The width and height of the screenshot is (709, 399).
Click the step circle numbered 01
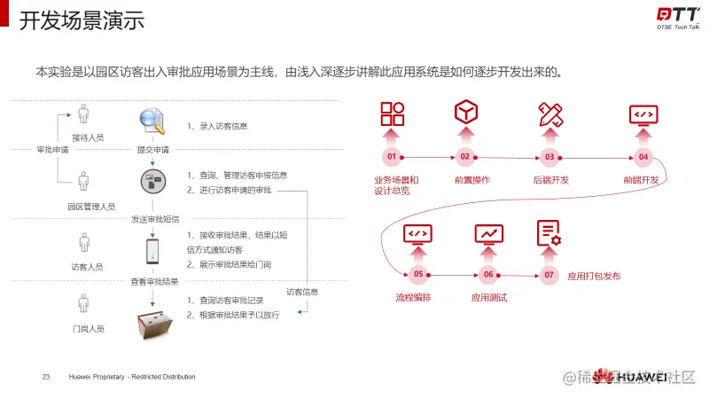(391, 158)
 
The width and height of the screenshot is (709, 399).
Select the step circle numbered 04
(643, 158)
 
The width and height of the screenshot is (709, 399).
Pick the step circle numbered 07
(549, 275)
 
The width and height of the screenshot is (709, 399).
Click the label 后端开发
(550, 180)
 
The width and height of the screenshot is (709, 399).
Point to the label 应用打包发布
(594, 276)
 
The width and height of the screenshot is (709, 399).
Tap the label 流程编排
(413, 297)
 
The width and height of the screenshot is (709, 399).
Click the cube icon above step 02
(466, 113)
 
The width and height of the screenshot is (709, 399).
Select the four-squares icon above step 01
(392, 114)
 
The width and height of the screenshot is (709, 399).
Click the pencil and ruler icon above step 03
(550, 114)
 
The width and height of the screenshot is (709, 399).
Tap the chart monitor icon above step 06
(488, 233)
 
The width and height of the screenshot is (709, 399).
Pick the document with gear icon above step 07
(549, 233)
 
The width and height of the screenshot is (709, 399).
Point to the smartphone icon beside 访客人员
(152, 251)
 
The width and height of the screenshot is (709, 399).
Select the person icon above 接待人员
(83, 115)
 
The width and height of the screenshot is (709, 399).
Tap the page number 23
(45, 377)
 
